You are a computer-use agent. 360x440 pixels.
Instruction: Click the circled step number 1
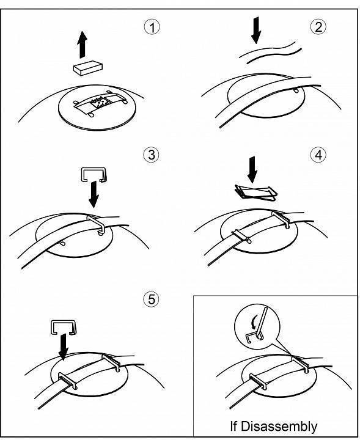(x=152, y=28)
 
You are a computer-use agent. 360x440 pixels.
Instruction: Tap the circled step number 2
(x=318, y=27)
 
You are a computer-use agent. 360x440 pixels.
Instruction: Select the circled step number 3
(x=151, y=155)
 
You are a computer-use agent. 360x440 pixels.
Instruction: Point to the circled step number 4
(x=318, y=155)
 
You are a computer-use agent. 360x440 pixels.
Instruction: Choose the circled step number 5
(x=151, y=299)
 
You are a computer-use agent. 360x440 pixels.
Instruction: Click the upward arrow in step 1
(x=83, y=45)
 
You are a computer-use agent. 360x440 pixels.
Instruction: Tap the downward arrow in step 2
(x=256, y=31)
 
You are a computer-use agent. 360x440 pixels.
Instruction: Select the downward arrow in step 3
(x=94, y=194)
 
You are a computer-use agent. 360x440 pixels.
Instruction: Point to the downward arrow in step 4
(x=252, y=170)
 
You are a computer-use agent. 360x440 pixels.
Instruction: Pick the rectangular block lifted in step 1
(x=88, y=68)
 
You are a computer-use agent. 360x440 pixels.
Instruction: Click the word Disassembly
(x=279, y=426)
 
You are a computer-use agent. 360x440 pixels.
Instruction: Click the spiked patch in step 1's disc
(x=100, y=103)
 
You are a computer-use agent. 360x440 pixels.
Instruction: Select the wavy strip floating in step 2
(x=270, y=52)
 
